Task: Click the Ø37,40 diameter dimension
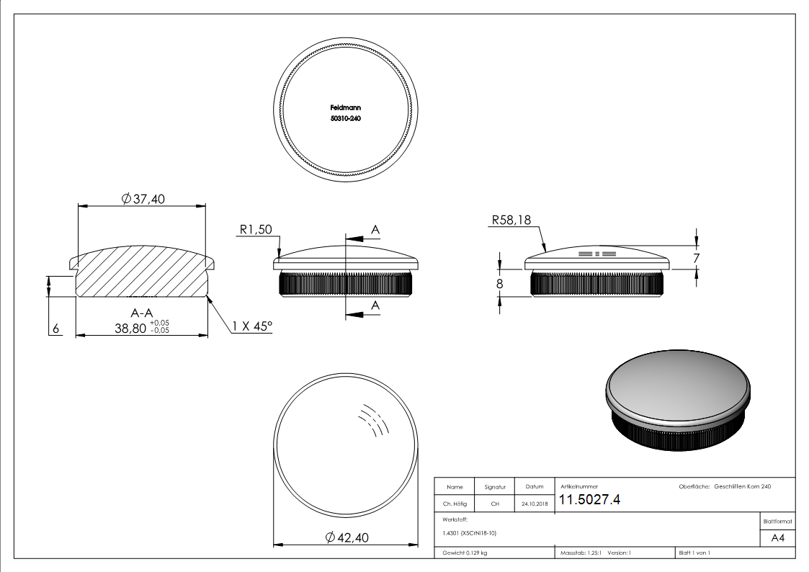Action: point(144,200)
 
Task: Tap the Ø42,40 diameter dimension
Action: point(347,537)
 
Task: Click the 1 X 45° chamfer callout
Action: point(252,326)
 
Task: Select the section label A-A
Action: point(141,313)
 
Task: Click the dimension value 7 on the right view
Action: point(696,257)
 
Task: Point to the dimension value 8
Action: point(499,283)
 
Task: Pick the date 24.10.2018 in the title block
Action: point(534,504)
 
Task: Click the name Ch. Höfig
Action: point(455,504)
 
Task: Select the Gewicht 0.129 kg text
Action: point(465,553)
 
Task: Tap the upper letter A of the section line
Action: point(375,230)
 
